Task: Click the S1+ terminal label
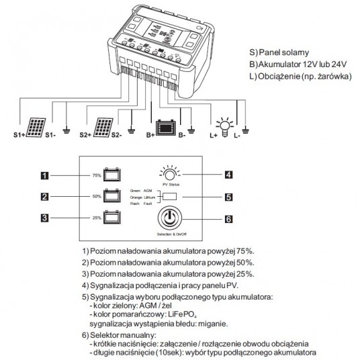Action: pyautogui.click(x=18, y=135)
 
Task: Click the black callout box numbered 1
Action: pyautogui.click(x=44, y=177)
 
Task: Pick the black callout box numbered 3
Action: pyautogui.click(x=44, y=218)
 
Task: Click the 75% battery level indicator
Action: pyautogui.click(x=111, y=176)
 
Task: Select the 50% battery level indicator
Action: pyautogui.click(x=111, y=197)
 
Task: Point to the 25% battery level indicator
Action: pyautogui.click(x=111, y=218)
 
